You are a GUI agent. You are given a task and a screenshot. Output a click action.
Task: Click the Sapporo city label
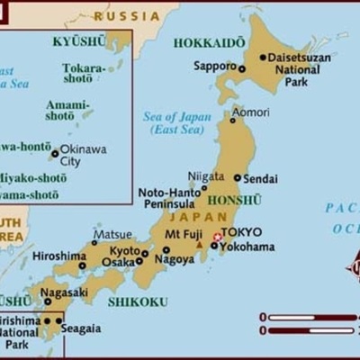coord(213,67)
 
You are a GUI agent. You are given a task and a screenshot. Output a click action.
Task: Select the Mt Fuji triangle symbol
coord(199,244)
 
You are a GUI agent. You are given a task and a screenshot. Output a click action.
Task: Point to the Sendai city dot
coord(238,178)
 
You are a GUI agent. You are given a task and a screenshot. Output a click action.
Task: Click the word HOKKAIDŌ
coord(209,42)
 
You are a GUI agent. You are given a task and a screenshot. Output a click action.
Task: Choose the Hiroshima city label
coord(58,256)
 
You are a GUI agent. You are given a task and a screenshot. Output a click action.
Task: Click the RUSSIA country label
coord(127,16)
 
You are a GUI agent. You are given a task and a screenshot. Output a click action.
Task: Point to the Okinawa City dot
coord(55,154)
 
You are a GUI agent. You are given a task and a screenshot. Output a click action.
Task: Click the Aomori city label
coord(250,112)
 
